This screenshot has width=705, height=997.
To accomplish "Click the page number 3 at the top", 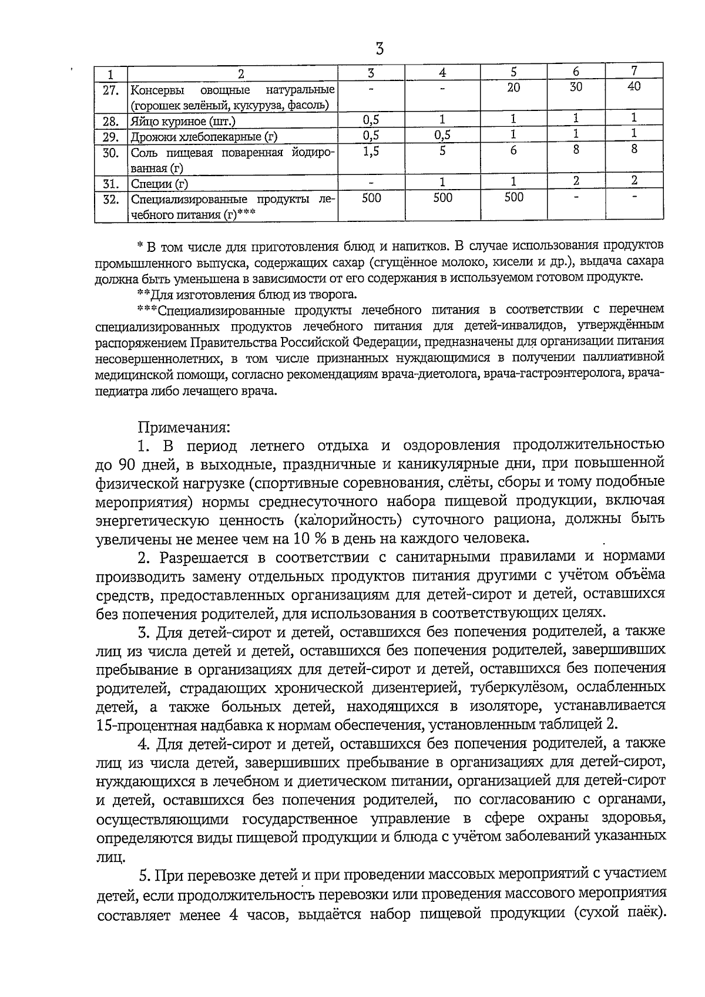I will click(380, 49).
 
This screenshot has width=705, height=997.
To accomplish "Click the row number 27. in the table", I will click(111, 90).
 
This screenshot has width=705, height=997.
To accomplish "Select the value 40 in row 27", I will click(634, 87).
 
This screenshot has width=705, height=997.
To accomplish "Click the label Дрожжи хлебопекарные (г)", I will click(204, 137).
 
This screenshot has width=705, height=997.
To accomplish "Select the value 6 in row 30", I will click(513, 150).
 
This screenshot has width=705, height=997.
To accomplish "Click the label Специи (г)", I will click(159, 184).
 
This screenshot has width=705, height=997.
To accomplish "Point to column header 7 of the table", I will click(634, 72).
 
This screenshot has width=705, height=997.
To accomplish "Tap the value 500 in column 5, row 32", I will click(513, 198).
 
